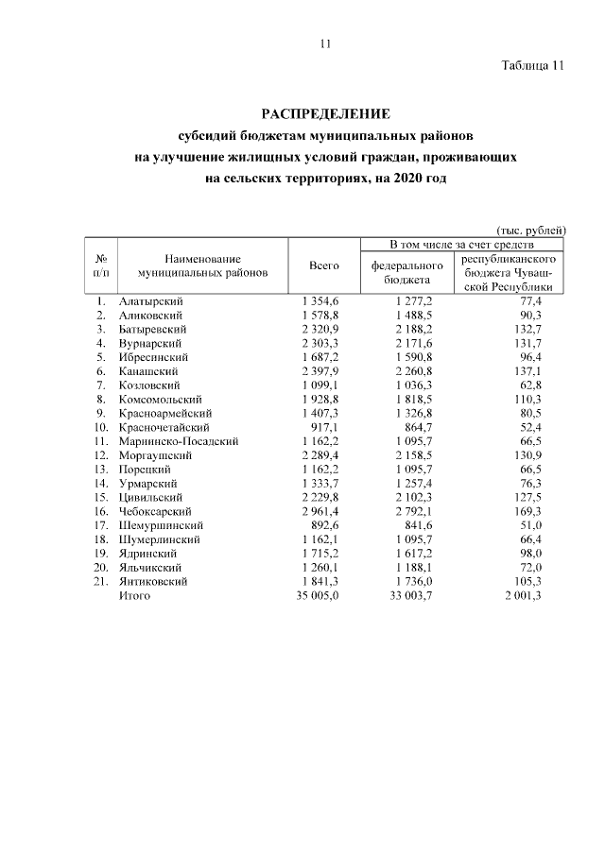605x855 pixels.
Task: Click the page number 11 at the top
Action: pyautogui.click(x=324, y=43)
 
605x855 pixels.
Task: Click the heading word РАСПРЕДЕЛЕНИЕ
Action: pyautogui.click(x=324, y=114)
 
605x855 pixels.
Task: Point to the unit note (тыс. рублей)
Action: pyautogui.click(x=531, y=229)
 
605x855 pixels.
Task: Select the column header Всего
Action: pyautogui.click(x=324, y=266)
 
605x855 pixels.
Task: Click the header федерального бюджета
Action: pyautogui.click(x=406, y=273)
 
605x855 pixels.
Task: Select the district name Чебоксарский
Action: pyautogui.click(x=152, y=511)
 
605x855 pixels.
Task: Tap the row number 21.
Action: pyautogui.click(x=99, y=582)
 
